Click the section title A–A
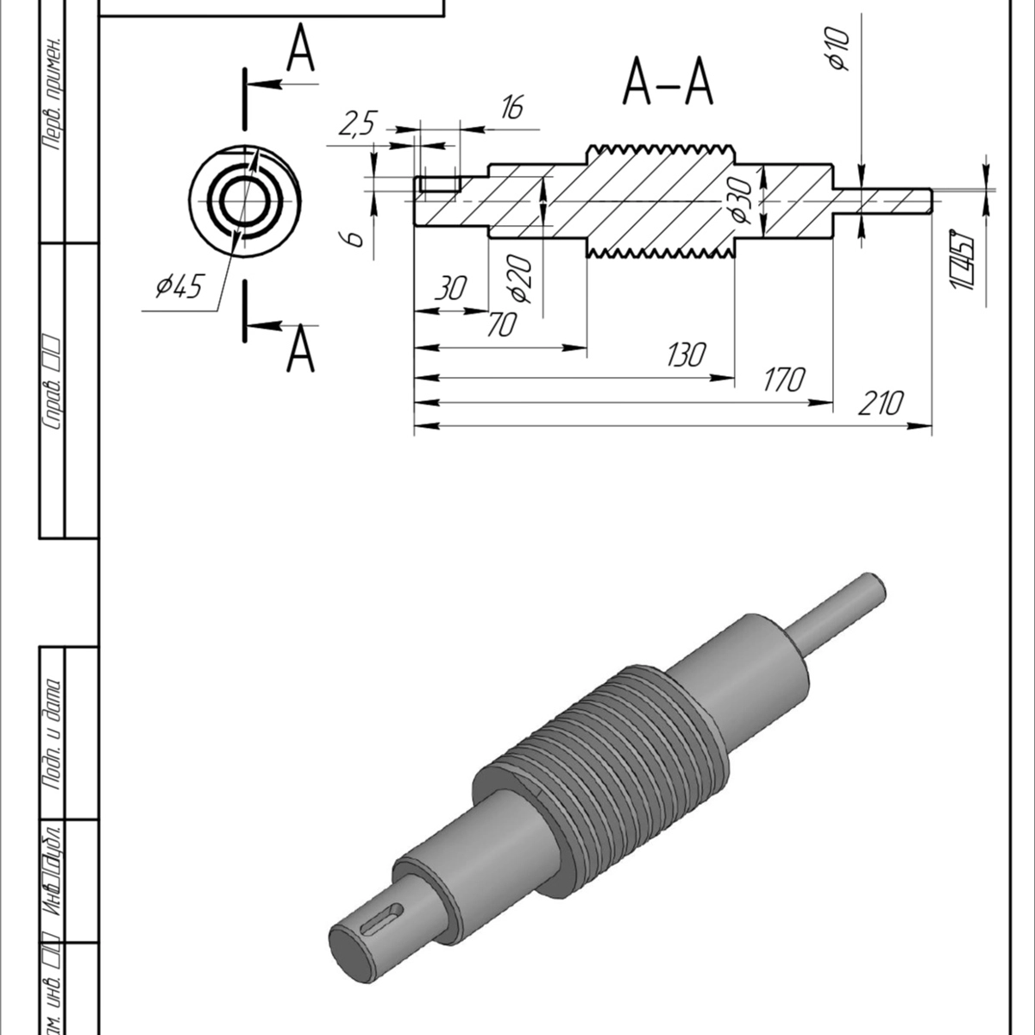(668, 84)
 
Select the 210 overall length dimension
(880, 403)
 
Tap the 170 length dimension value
(784, 379)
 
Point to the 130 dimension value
(686, 354)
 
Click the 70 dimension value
(501, 325)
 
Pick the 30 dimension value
(449, 289)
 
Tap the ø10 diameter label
(837, 47)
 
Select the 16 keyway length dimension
(511, 108)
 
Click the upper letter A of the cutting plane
(300, 50)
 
